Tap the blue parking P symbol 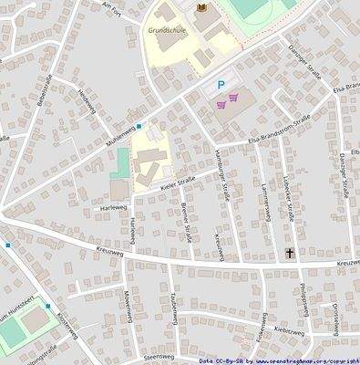coord(219,87)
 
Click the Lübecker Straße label coord(288,195)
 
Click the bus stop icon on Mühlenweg coord(139,126)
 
